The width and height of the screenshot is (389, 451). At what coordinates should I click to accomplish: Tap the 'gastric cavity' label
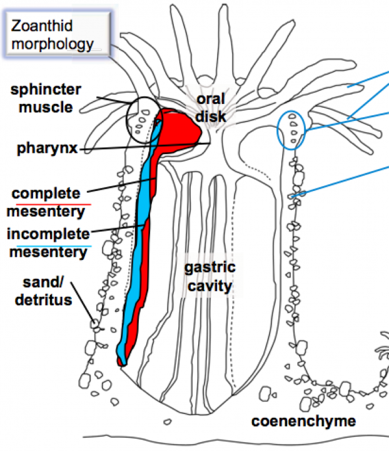pos(209,277)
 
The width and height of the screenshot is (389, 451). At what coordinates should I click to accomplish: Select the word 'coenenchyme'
pos(303,422)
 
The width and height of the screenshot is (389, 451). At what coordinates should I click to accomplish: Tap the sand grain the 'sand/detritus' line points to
pos(94,324)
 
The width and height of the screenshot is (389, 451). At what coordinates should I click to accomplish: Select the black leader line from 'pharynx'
pos(144,147)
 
